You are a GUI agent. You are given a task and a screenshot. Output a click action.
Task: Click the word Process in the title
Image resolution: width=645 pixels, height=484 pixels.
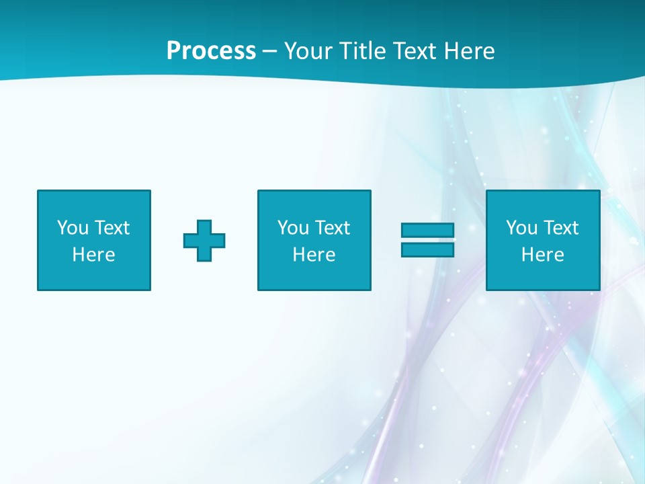211,51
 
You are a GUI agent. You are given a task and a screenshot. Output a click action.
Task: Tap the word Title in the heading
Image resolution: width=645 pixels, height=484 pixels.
361,51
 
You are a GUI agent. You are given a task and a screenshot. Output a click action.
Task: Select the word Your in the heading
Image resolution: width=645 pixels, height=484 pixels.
308,51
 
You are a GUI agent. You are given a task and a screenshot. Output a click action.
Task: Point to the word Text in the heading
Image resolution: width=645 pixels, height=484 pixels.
414,51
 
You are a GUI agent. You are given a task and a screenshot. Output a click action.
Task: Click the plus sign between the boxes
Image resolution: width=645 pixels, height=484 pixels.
204,241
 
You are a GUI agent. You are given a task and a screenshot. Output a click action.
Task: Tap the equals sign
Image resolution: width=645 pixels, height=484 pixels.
427,240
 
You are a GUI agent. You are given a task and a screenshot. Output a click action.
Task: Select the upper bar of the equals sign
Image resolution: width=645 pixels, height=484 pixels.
427,231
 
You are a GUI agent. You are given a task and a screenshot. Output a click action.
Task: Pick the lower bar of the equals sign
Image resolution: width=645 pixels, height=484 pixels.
427,249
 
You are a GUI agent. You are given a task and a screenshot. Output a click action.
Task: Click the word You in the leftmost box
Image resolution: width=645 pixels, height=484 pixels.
73,228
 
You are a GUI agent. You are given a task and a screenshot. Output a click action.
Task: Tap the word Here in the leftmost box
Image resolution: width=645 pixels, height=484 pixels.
94,255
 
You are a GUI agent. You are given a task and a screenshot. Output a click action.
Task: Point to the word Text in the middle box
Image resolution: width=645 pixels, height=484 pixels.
333,228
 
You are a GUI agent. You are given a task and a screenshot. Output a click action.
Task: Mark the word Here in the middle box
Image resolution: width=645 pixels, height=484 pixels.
314,255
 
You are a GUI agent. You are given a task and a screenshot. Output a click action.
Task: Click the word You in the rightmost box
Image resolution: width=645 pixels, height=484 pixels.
521,228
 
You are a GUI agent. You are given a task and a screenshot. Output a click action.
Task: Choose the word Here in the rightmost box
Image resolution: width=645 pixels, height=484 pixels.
543,255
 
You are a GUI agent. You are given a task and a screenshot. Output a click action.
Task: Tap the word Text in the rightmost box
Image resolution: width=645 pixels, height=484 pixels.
561,228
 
